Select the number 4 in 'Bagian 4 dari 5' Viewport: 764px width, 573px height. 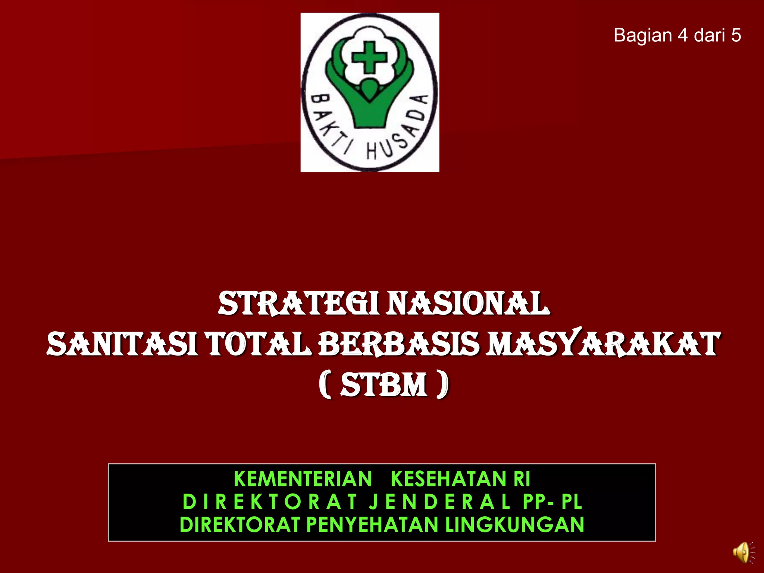click(683, 35)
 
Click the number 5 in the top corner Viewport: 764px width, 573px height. click(736, 35)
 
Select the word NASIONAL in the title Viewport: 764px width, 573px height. click(468, 304)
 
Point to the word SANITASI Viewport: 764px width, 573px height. click(123, 344)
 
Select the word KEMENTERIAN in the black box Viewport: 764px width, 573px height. click(303, 479)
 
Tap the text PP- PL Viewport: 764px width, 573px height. click(552, 502)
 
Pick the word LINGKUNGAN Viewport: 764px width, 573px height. click(514, 525)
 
